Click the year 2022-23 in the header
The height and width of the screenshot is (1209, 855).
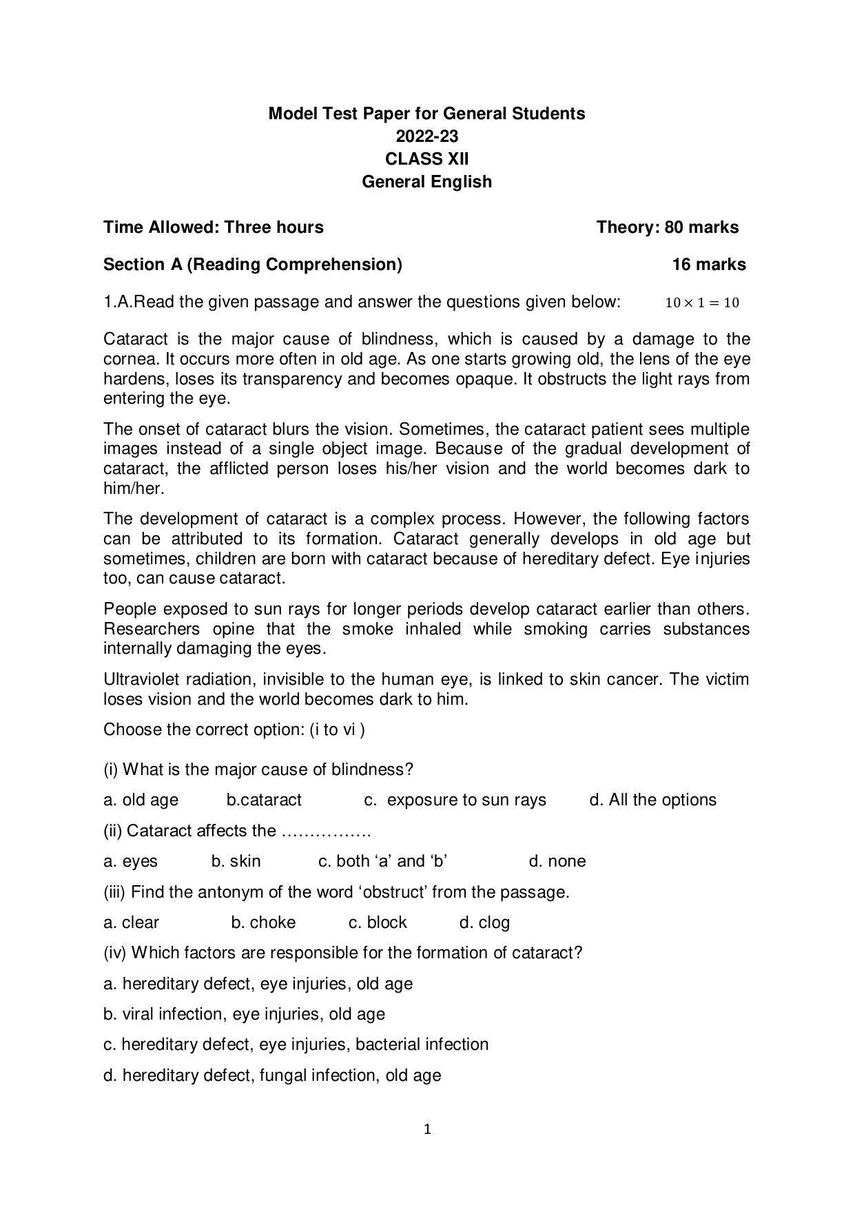[x=426, y=136]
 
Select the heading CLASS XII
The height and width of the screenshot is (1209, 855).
[x=426, y=158]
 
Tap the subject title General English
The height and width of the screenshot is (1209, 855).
[x=426, y=181]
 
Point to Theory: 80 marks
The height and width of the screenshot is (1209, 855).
[x=667, y=227]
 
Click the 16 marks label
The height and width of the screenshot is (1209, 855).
[x=708, y=265]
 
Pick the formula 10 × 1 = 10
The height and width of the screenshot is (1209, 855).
[x=702, y=302]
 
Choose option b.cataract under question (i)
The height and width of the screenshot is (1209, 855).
[x=264, y=800]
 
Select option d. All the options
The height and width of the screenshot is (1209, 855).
[x=652, y=800]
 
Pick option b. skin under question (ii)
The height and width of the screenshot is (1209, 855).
[x=236, y=861]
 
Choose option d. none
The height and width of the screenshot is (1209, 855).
[x=557, y=861]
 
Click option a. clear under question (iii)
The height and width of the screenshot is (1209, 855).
[x=131, y=922]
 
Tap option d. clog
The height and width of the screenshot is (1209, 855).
[x=484, y=922]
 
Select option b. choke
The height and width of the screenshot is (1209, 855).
[x=263, y=922]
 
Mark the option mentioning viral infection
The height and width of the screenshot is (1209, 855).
[x=244, y=1014]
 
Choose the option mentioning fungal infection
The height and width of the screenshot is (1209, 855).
[x=272, y=1075]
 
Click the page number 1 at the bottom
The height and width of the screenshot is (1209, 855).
[x=427, y=1129]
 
